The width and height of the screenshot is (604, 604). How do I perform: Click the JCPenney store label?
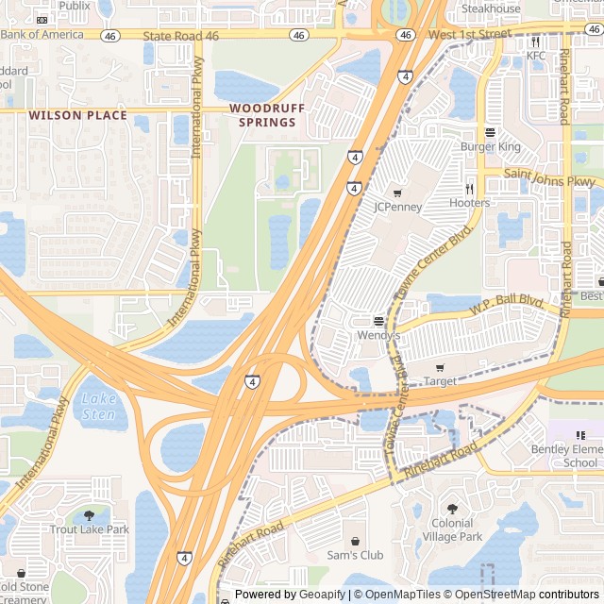(x=397, y=206)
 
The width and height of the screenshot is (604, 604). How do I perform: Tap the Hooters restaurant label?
(x=469, y=203)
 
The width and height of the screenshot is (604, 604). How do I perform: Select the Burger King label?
(x=490, y=147)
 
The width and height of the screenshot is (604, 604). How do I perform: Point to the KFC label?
(x=536, y=56)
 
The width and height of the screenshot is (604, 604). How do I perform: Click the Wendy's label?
(x=378, y=335)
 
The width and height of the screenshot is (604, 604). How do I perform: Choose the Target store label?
(x=440, y=381)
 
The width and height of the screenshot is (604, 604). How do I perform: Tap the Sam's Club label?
(x=355, y=555)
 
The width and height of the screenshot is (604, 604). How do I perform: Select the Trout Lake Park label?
(x=90, y=529)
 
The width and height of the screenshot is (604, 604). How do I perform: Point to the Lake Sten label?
(x=98, y=406)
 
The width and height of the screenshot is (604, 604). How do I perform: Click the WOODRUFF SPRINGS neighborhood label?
(x=267, y=115)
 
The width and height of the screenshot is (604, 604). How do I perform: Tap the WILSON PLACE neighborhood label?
(x=77, y=115)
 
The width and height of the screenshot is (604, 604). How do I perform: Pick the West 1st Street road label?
(x=469, y=34)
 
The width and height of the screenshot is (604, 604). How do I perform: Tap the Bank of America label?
(x=42, y=34)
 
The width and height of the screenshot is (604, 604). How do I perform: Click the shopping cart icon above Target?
(x=440, y=366)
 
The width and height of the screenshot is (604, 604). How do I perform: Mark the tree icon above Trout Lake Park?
(x=90, y=515)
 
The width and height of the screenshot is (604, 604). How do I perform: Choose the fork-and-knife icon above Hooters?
(x=469, y=189)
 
